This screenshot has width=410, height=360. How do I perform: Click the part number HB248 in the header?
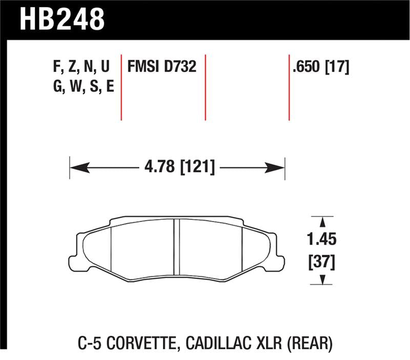pos(61,19)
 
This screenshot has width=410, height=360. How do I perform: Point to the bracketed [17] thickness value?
pos(338,67)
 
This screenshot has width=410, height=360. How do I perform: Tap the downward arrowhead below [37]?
pos(322,280)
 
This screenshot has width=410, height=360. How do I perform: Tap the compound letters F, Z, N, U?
pos(81,67)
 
